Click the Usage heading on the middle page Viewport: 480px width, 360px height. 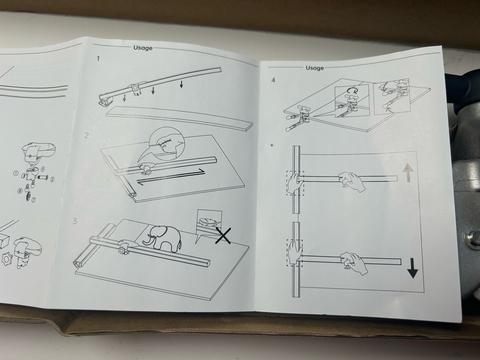(x=143, y=48)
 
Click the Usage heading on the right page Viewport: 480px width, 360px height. (x=314, y=68)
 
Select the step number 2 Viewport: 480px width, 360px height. (x=86, y=135)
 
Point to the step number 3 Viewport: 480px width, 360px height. (x=74, y=221)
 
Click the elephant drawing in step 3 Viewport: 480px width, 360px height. (x=164, y=238)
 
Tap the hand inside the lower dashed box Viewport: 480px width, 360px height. (x=293, y=252)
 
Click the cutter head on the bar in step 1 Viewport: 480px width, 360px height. (x=136, y=89)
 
